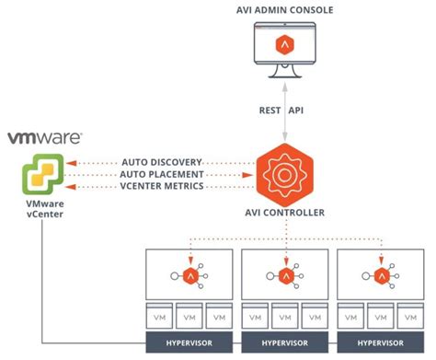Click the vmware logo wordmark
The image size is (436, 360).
coord(45,138)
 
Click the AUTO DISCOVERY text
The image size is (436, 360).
coord(161,162)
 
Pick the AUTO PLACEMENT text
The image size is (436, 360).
coord(162,174)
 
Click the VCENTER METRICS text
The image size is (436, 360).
coord(162,186)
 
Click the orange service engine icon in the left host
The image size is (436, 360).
coord(189,275)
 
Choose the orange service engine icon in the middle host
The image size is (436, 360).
coord(285,275)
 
